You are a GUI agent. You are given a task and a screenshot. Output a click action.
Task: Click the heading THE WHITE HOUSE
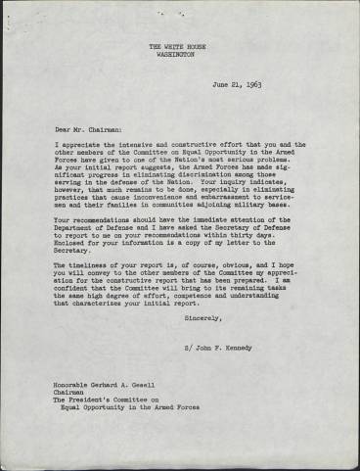[176, 46]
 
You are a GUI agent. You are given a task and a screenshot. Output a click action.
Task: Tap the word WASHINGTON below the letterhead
[176, 55]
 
